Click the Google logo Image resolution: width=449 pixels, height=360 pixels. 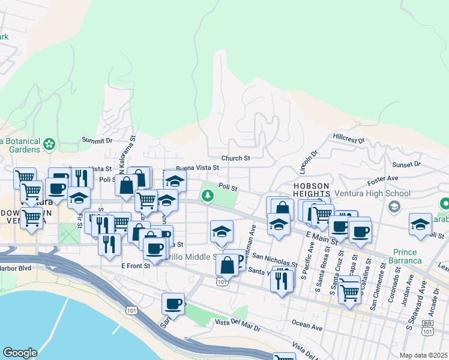(20, 353)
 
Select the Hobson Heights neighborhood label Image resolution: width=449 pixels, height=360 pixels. (312, 190)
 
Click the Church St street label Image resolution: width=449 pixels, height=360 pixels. (235, 158)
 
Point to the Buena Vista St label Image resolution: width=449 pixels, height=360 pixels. (196, 169)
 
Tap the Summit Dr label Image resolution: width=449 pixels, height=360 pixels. (97, 140)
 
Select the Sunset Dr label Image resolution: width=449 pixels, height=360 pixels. (406, 164)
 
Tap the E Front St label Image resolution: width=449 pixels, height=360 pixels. (134, 265)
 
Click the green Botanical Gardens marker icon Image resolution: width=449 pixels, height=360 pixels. (49, 145)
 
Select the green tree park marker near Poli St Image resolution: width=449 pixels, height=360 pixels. (208, 196)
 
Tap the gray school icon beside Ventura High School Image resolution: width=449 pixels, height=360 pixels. (394, 207)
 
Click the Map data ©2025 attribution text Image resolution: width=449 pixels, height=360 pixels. (423, 355)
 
